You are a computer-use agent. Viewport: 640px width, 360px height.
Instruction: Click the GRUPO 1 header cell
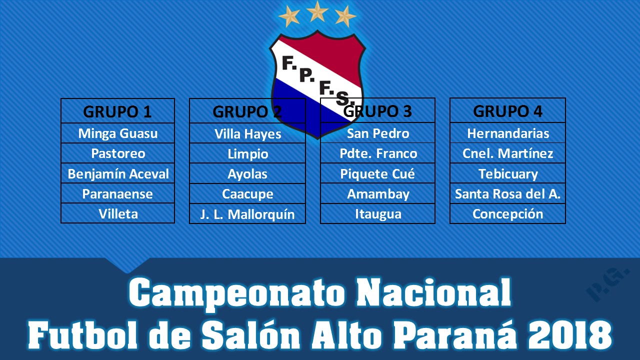[x=117, y=111]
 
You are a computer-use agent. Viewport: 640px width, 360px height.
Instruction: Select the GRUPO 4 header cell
[x=507, y=110]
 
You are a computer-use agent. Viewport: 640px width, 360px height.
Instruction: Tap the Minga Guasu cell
[x=117, y=133]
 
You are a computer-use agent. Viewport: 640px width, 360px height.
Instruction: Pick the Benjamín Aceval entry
[x=117, y=173]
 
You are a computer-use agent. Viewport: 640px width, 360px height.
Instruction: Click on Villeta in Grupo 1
[x=117, y=213]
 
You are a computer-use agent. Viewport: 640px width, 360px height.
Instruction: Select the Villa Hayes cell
[x=247, y=133]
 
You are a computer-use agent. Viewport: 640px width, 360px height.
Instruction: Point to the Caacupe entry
[x=247, y=193]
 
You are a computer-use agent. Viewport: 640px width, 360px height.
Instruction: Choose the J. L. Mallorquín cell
[x=247, y=214]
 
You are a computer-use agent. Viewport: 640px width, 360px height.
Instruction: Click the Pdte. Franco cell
[x=377, y=153]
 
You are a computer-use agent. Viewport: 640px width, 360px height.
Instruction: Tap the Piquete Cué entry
[x=377, y=173]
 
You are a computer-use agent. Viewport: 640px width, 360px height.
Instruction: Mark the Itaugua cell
[x=377, y=213]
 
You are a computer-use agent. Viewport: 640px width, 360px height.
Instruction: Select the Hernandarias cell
[x=507, y=133]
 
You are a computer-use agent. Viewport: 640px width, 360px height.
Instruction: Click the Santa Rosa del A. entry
[x=507, y=193]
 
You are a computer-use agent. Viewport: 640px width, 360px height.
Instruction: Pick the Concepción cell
[x=507, y=213]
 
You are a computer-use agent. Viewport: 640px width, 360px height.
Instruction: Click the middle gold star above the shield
[x=317, y=11]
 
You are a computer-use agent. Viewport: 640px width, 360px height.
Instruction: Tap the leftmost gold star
[x=289, y=16]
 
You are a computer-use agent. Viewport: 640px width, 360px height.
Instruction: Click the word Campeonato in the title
[x=237, y=293]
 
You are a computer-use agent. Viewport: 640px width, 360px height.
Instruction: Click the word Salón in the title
[x=251, y=335]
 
